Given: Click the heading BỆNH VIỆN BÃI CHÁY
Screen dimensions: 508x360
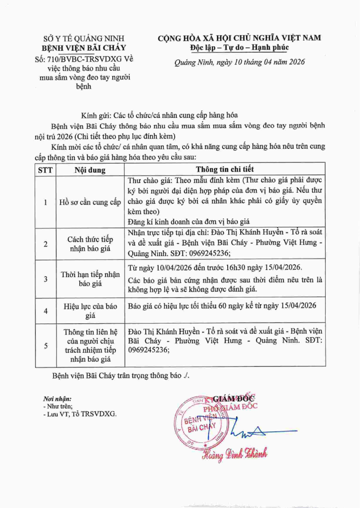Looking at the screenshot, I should tap(84, 48).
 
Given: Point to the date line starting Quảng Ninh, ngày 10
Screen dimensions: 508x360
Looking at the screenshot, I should tap(239, 62).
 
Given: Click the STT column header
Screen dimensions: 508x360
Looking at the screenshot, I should tap(45, 170).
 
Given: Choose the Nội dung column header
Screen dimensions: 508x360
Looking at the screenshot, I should tap(90, 170).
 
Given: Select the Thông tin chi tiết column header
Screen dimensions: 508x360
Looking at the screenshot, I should tap(225, 169).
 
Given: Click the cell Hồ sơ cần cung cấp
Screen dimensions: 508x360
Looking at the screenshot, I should tap(90, 202).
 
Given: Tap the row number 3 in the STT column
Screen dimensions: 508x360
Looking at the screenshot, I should tap(45, 279).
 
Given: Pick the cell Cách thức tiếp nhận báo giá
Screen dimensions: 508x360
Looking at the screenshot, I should tap(90, 244).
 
